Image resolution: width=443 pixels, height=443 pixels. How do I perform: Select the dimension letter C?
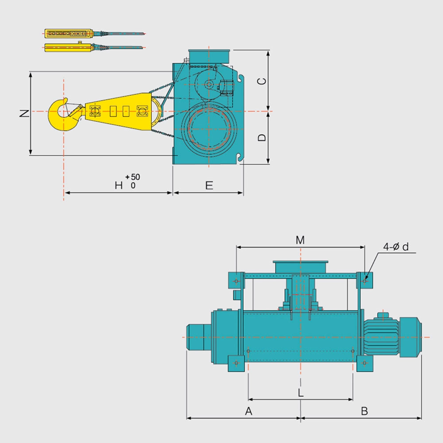point(262,81)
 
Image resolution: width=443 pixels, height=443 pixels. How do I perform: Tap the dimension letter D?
point(262,137)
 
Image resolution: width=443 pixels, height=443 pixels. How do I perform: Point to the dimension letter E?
point(209,186)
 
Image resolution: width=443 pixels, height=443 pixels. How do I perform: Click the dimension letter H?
point(119,186)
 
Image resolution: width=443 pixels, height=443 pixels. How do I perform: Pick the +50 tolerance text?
point(133,177)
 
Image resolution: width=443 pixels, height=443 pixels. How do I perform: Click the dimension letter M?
point(300,240)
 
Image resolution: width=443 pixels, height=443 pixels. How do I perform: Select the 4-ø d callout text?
point(396,247)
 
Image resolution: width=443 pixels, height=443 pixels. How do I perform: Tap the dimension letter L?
point(301,392)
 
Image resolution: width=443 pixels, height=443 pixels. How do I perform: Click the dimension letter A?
point(249,411)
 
